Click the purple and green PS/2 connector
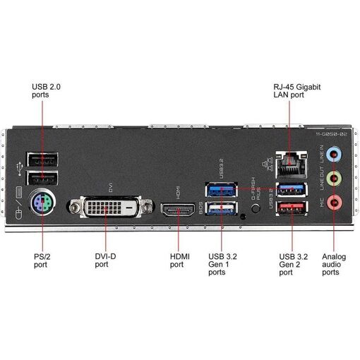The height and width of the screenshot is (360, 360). tap(42, 203)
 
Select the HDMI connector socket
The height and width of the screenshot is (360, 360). tap(178, 210)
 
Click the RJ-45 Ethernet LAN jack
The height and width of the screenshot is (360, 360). tap(292, 164)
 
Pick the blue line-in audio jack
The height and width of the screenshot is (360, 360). tap(335, 154)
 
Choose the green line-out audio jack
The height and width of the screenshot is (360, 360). tap(335, 179)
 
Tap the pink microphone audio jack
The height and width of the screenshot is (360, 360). tap(335, 203)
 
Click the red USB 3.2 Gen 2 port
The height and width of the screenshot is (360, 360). tap(292, 208)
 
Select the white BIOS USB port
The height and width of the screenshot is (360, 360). tap(222, 208)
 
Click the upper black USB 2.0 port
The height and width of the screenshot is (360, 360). tap(42, 160)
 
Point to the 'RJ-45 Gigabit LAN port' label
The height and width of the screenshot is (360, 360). tap(297, 91)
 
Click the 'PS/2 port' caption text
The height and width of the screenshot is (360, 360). tap(42, 260)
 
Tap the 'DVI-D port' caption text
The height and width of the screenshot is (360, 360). tap(105, 260)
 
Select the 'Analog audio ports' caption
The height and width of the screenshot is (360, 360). tap(334, 264)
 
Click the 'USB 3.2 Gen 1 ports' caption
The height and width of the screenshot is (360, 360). tap(222, 264)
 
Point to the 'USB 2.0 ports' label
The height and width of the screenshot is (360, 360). tap(46, 90)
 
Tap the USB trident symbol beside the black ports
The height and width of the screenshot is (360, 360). tap(19, 169)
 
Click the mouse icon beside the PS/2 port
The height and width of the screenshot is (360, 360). tap(18, 214)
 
